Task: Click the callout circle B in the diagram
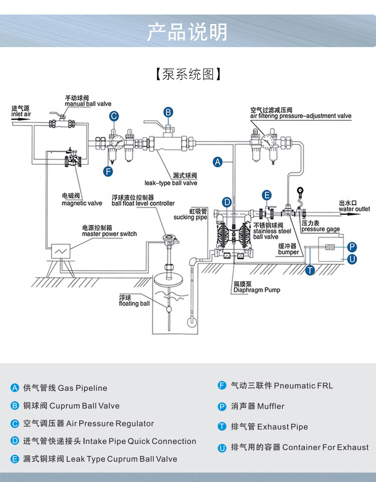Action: click(x=169, y=112)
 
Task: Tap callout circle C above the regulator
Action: click(x=114, y=116)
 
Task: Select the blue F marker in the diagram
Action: click(x=108, y=171)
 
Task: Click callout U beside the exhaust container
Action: click(x=352, y=259)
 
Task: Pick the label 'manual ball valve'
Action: click(x=88, y=104)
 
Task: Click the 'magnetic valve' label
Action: click(x=82, y=203)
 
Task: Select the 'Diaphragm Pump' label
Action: click(x=257, y=290)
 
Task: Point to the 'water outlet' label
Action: click(x=354, y=209)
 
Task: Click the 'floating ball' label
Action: click(x=134, y=303)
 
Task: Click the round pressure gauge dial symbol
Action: click(x=300, y=190)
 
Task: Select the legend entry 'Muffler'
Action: click(x=257, y=406)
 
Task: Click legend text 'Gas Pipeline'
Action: click(x=82, y=388)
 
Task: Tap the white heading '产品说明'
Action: click(x=187, y=32)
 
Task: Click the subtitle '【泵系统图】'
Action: click(x=187, y=74)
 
